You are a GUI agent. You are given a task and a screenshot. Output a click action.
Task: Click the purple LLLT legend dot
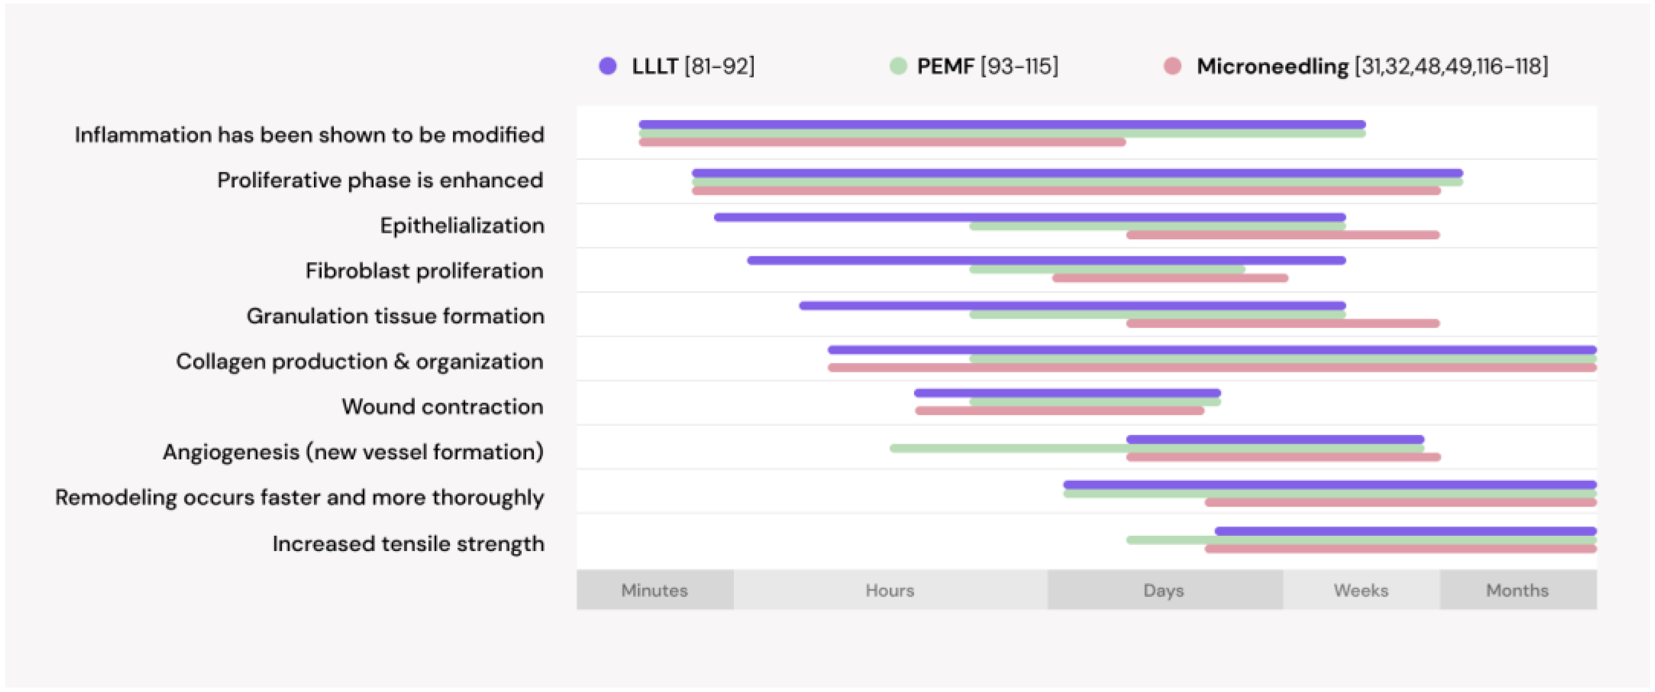[x=607, y=66]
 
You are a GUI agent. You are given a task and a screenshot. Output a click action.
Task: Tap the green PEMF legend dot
[x=898, y=66]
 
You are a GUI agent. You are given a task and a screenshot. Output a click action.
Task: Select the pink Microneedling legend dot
[x=1172, y=66]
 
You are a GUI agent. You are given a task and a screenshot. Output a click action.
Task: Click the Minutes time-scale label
[x=654, y=590]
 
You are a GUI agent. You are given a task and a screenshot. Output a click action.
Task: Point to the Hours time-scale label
[x=889, y=590]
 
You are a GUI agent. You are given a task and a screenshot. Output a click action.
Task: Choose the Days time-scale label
[x=1163, y=590]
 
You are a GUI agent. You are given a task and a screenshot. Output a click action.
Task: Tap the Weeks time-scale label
[x=1361, y=590]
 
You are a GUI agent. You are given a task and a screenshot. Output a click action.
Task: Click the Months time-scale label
[x=1517, y=590]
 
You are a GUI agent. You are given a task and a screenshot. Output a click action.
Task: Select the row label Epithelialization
[x=462, y=225]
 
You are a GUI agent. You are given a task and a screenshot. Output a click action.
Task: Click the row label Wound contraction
[x=442, y=407]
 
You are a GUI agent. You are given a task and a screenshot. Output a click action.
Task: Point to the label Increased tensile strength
[x=408, y=543]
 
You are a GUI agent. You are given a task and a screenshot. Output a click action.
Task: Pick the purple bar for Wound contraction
[x=1067, y=393]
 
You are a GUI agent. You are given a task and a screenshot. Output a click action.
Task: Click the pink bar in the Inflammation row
[x=881, y=142]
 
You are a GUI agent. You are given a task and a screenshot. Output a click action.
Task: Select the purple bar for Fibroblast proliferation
[x=1046, y=260]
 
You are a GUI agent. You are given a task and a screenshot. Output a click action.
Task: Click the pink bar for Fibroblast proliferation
[x=1169, y=278]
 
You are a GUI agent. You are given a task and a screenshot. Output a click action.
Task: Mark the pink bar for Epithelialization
[x=1282, y=235]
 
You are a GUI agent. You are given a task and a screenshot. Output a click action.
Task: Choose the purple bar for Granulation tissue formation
[x=1072, y=306]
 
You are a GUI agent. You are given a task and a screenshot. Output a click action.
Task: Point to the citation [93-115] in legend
[x=1019, y=66]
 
